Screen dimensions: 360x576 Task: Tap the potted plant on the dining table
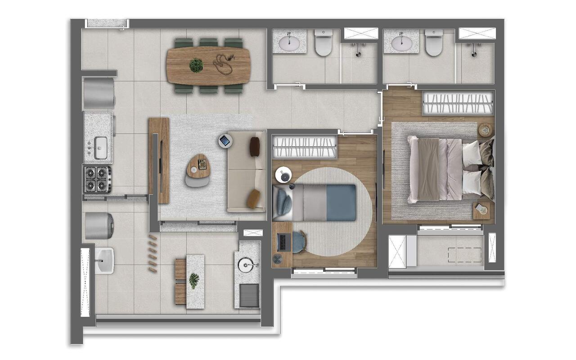click(x=196, y=65)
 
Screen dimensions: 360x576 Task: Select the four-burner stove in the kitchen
click(x=97, y=179)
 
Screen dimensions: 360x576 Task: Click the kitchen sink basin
click(x=101, y=145)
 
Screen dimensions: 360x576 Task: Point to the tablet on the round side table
click(x=225, y=141)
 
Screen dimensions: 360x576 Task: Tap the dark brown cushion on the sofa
click(x=255, y=146)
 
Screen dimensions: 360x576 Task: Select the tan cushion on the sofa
click(x=254, y=199)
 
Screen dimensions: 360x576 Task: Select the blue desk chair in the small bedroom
click(x=298, y=242)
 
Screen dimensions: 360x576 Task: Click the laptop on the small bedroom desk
click(x=283, y=242)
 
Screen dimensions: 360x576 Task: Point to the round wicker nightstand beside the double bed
click(x=486, y=130)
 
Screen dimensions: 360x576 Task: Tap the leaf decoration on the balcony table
click(x=195, y=281)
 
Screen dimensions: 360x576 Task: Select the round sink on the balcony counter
click(x=247, y=264)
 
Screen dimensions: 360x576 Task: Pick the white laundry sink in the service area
click(x=104, y=261)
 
